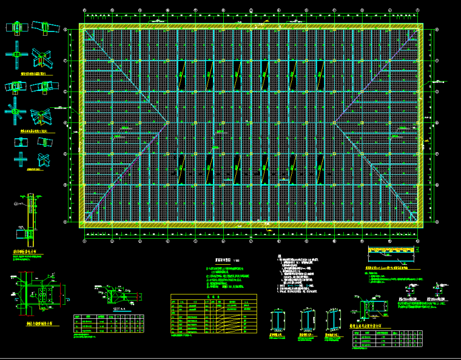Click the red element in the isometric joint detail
(x=40, y=60)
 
